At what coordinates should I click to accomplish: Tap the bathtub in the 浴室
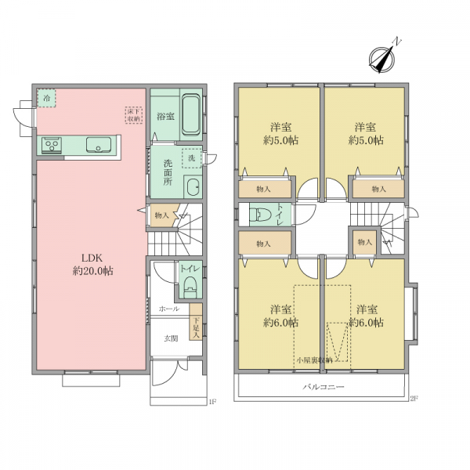click(191, 114)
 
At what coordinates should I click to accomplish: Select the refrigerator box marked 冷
click(46, 98)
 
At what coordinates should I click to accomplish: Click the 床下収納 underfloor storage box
click(134, 115)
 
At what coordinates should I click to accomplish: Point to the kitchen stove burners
click(52, 145)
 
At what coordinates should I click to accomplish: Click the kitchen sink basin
click(99, 144)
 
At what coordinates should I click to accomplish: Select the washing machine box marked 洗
click(192, 158)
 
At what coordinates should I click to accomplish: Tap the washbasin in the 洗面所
click(193, 186)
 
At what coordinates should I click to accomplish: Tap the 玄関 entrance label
click(171, 338)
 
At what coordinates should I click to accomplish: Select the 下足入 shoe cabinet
click(196, 322)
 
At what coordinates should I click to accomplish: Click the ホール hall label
click(169, 309)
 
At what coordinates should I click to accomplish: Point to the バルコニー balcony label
click(323, 387)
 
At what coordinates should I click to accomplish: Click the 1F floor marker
click(212, 402)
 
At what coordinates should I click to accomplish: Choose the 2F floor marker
click(414, 399)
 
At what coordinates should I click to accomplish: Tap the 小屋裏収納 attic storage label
click(314, 360)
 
